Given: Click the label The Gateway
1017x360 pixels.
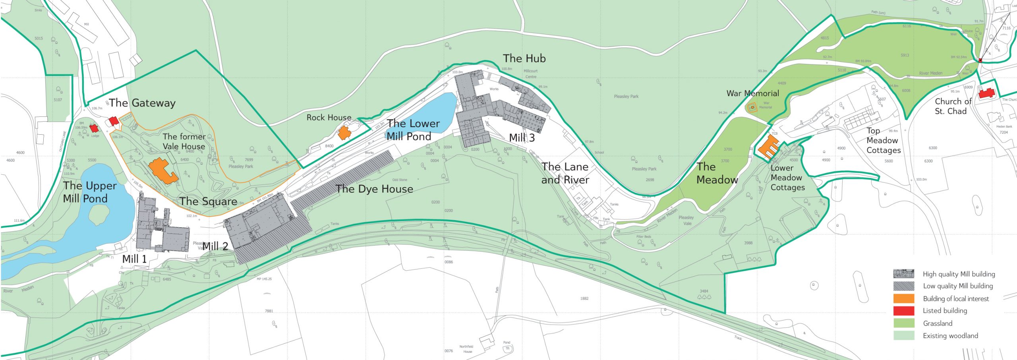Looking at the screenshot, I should pyautogui.click(x=142, y=103).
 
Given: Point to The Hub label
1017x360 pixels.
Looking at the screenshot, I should pyautogui.click(x=524, y=59).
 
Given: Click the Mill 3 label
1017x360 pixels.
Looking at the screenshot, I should pyautogui.click(x=522, y=138).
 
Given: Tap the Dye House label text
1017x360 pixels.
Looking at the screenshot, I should pyautogui.click(x=374, y=189).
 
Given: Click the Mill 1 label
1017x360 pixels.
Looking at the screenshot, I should pyautogui.click(x=134, y=259).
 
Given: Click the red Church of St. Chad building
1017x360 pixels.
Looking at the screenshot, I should pyautogui.click(x=986, y=94).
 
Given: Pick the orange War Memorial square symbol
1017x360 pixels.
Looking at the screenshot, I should pyautogui.click(x=752, y=107).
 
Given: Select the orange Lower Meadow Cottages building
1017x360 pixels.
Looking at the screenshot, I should pyautogui.click(x=769, y=147).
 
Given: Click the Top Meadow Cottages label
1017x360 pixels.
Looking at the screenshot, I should pyautogui.click(x=883, y=141).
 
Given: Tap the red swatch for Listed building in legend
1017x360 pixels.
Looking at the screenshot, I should pyautogui.click(x=903, y=311).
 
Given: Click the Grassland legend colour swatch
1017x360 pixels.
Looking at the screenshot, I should pyautogui.click(x=903, y=323).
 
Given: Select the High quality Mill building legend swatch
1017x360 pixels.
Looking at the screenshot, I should pyautogui.click(x=903, y=274).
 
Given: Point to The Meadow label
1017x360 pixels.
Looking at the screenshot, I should pyautogui.click(x=717, y=173).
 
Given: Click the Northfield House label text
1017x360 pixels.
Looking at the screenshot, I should pyautogui.click(x=466, y=349).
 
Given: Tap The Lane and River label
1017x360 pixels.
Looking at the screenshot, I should pyautogui.click(x=565, y=173).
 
